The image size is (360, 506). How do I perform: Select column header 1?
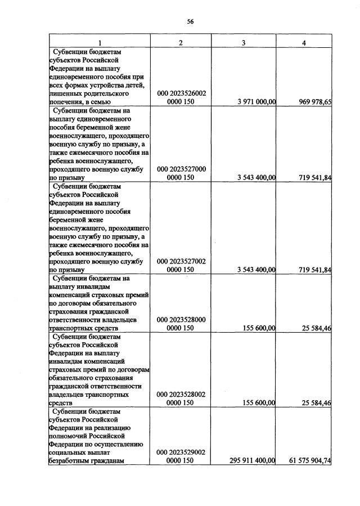click(100, 43)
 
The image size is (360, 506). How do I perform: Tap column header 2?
click(181, 43)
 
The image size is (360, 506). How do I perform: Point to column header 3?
click(243, 43)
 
